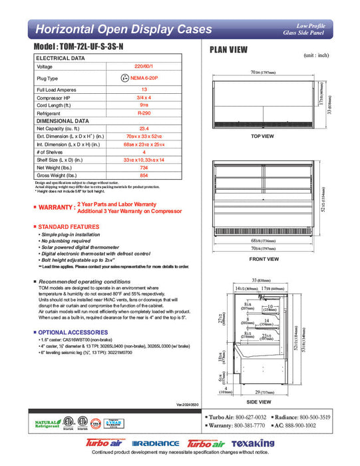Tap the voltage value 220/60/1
[144, 67]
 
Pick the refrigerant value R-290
[144, 114]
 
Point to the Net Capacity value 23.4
[144, 129]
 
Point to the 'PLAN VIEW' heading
[230, 50]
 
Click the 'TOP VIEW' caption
[263, 136]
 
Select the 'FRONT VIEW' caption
[264, 259]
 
